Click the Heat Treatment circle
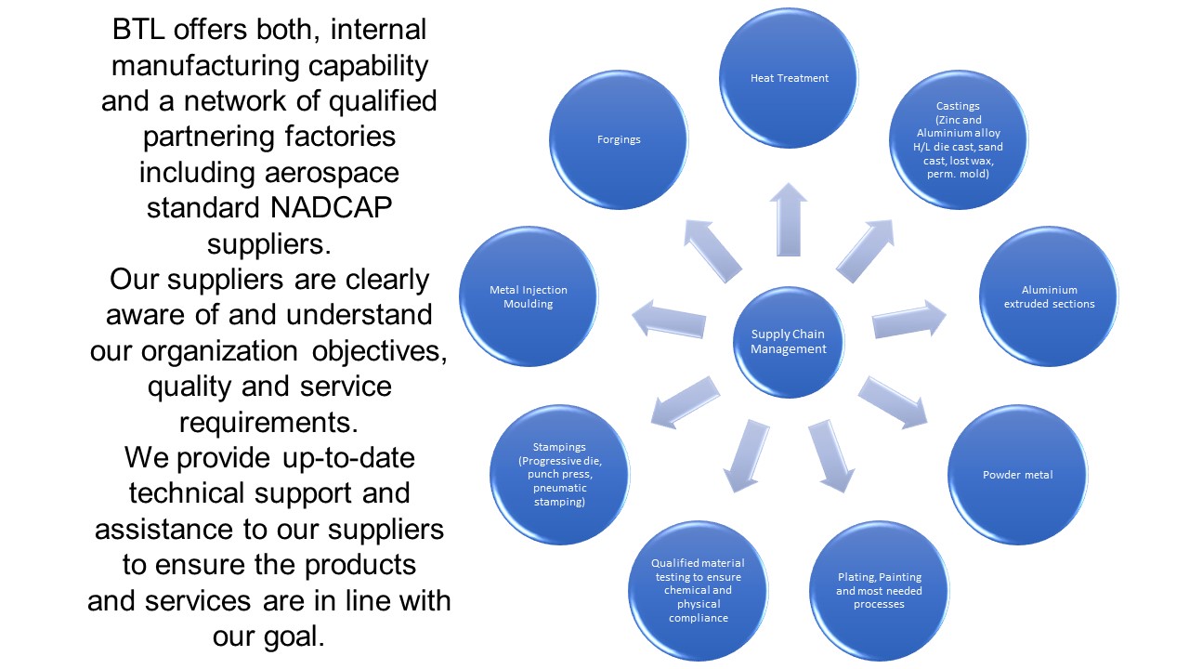coord(790,78)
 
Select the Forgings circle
coord(619,139)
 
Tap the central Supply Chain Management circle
coord(789,341)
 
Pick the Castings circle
coord(959,139)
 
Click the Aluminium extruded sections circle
coord(1049,296)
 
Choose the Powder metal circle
coord(1017,475)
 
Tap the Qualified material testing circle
coord(697,590)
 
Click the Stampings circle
coord(559,475)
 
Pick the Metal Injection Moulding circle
coord(529,296)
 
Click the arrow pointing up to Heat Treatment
coord(789,219)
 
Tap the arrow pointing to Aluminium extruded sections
coord(908,317)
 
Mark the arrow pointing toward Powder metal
coord(891,400)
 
